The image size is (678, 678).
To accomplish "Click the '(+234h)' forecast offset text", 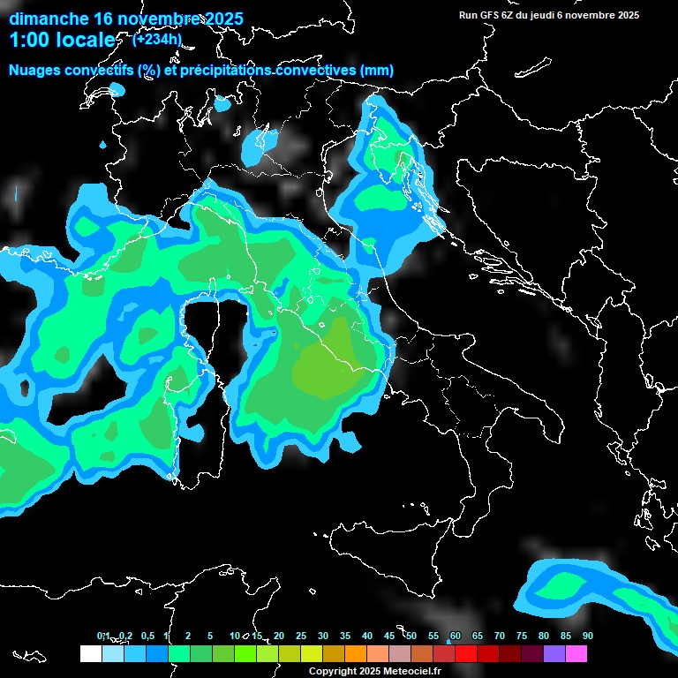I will [157, 39].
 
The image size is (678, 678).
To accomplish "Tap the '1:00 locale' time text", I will [62, 40].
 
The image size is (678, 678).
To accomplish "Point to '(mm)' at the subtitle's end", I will [377, 70].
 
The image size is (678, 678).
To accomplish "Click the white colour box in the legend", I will [90, 653].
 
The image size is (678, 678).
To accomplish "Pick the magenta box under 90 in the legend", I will [576, 653].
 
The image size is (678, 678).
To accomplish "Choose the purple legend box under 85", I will [554, 653].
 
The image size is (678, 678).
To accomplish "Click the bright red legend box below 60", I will [466, 653].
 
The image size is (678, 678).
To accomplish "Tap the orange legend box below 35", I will [355, 653].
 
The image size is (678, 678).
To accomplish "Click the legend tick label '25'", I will [301, 636].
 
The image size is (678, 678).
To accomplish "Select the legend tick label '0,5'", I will [147, 636].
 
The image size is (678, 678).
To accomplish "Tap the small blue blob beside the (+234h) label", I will [222, 103].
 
